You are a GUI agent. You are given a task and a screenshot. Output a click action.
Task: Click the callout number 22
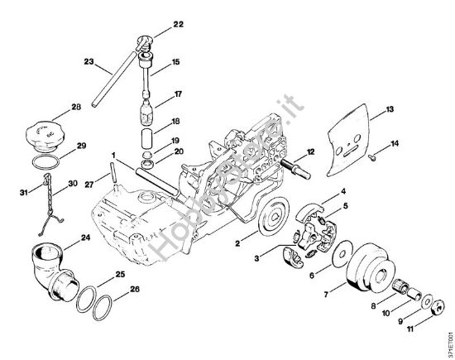click(x=180, y=26)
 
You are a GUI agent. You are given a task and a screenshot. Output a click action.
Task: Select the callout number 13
click(x=390, y=108)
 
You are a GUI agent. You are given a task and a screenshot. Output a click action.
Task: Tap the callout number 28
click(x=76, y=107)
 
